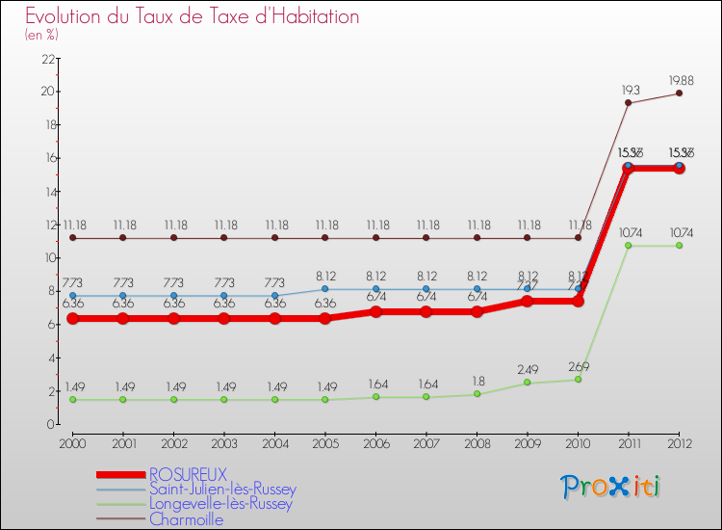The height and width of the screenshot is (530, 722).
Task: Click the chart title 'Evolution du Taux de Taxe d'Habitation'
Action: [193, 17]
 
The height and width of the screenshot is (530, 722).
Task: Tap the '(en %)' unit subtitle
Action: [42, 36]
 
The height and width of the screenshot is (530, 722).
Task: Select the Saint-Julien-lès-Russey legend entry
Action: [222, 490]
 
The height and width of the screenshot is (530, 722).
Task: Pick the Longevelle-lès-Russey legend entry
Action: [220, 504]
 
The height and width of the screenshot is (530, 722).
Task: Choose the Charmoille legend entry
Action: [186, 519]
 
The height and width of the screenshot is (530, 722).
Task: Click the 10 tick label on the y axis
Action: [44, 257]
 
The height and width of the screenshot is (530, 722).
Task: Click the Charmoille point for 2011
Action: [629, 103]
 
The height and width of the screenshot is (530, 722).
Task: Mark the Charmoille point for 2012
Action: [679, 93]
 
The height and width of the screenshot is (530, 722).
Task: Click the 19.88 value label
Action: [679, 80]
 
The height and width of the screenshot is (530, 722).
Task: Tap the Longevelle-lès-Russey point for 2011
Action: [629, 246]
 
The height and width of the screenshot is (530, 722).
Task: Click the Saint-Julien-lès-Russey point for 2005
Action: [324, 289]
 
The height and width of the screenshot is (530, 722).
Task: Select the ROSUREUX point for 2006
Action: [375, 312]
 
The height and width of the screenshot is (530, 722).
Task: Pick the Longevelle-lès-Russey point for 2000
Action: [72, 399]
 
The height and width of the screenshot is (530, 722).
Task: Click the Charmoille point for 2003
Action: [223, 238]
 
